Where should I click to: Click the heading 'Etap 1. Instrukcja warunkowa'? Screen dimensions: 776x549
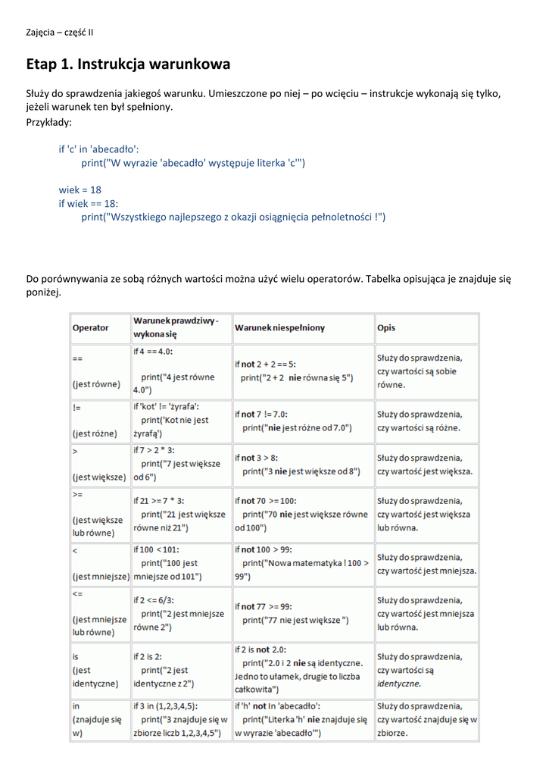[128, 64]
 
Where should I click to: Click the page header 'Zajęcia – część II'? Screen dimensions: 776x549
[60, 32]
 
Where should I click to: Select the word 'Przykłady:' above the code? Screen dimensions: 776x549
[49, 121]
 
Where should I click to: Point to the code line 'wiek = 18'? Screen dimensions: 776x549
[80, 189]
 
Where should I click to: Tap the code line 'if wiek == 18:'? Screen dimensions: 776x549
[89, 203]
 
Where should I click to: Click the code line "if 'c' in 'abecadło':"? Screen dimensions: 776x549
[99, 149]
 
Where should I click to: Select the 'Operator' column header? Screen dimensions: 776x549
[90, 327]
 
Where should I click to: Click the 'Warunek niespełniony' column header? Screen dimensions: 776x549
[279, 327]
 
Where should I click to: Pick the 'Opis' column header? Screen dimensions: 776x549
[386, 327]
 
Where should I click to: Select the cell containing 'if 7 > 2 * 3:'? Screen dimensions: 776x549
[180, 464]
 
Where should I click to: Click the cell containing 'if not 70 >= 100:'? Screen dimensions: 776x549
[302, 514]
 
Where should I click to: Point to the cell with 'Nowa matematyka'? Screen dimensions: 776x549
[302, 563]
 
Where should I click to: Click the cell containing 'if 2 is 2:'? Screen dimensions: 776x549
[180, 670]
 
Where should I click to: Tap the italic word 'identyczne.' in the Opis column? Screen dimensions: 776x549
[399, 684]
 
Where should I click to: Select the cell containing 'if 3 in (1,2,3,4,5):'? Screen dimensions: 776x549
[180, 719]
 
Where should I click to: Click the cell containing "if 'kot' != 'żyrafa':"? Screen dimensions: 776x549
[180, 421]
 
